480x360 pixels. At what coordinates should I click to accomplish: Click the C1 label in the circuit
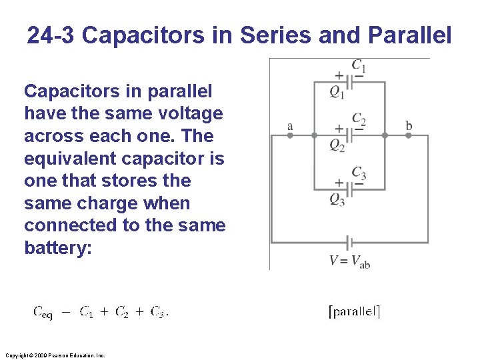(x=359, y=66)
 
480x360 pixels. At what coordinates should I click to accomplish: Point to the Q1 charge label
(x=337, y=93)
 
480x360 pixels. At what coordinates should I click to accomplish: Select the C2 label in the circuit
(x=359, y=119)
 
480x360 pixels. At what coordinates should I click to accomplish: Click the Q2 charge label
(x=337, y=146)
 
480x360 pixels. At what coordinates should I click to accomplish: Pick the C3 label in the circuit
(x=359, y=173)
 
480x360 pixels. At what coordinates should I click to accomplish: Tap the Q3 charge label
(x=337, y=199)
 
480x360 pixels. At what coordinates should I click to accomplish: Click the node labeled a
(x=290, y=135)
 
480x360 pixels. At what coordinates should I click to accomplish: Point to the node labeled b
(x=409, y=135)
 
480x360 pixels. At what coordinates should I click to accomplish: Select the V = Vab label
(x=349, y=261)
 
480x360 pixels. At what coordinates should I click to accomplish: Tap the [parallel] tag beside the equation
(x=355, y=311)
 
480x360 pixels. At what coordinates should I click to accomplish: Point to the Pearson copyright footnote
(x=54, y=355)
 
